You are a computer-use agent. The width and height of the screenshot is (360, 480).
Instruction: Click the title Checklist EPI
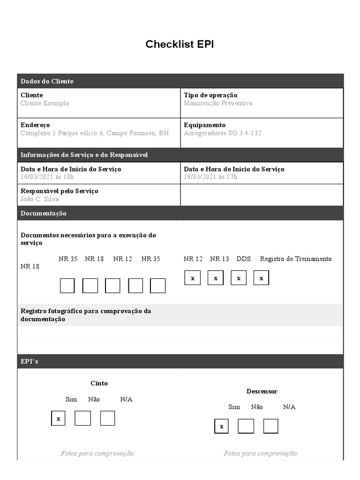(x=180, y=45)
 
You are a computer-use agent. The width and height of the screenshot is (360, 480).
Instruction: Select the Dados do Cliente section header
(x=47, y=81)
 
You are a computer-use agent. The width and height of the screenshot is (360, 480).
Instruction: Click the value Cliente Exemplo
(x=45, y=103)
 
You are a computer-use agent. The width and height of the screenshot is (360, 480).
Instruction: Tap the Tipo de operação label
(x=210, y=95)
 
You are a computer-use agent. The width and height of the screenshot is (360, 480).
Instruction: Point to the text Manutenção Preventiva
(x=218, y=103)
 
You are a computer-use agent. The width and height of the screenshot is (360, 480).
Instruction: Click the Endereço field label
(x=35, y=125)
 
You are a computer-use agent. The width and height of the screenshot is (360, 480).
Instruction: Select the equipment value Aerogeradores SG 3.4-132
(x=223, y=133)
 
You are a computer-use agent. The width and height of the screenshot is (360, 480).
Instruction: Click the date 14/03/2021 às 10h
(x=47, y=177)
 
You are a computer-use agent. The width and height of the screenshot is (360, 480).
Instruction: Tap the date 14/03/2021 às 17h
(x=210, y=177)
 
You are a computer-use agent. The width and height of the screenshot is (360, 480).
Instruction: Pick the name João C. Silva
(x=40, y=199)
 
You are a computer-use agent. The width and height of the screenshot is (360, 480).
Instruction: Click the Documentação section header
(x=44, y=213)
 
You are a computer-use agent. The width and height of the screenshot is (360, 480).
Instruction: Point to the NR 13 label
(x=219, y=259)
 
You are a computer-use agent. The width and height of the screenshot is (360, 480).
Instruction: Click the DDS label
(x=244, y=259)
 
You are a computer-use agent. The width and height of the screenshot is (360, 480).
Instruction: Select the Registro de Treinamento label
(x=296, y=259)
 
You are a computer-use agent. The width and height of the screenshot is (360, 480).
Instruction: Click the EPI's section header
(x=30, y=361)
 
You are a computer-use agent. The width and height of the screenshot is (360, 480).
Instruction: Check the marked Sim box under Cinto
(x=58, y=418)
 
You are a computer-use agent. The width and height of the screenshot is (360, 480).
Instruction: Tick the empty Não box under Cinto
(x=82, y=418)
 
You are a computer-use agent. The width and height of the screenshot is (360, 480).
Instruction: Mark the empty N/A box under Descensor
(x=270, y=426)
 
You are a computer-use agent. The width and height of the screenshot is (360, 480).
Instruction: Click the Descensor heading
(x=262, y=391)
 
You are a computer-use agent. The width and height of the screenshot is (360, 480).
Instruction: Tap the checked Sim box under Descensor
(x=221, y=426)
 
